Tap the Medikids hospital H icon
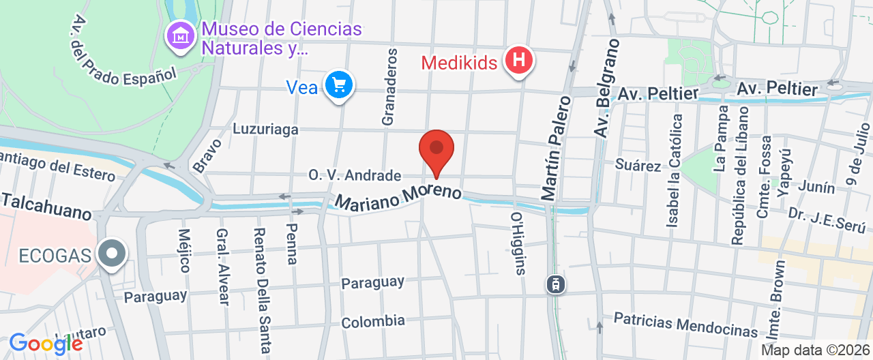(518, 61)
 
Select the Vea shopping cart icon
(339, 86)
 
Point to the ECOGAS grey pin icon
(112, 254)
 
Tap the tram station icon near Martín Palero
(557, 284)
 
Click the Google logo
(46, 344)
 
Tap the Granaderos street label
(389, 87)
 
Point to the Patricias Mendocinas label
(685, 325)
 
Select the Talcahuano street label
(46, 206)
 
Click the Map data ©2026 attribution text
(815, 350)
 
